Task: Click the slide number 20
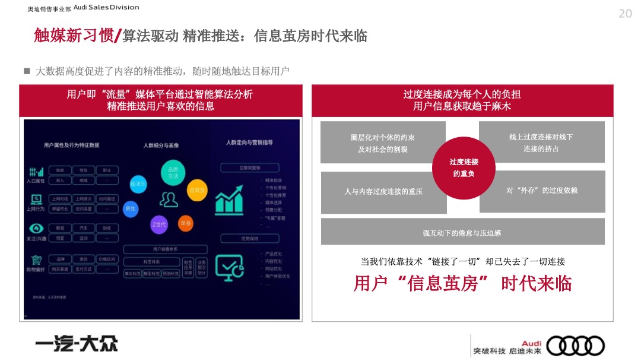pos(625,14)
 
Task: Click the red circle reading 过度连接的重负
pos(464,167)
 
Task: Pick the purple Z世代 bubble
pos(159,224)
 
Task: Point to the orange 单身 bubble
pos(186,223)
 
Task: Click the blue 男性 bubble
pos(130,208)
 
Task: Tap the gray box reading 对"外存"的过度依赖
pos(542,191)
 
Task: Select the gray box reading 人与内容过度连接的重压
pos(383,192)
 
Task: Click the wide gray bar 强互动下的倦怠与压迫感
pos(462,232)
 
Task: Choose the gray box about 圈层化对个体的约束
pos(383,142)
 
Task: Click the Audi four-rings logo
pos(575,346)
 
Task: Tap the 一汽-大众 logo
pos(76,343)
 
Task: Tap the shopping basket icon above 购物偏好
pos(37,260)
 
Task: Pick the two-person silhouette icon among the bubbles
pos(170,199)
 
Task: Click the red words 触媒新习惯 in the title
pos(73,36)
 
